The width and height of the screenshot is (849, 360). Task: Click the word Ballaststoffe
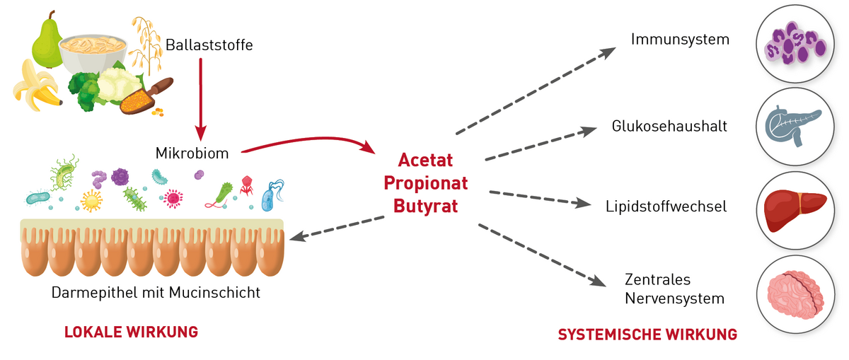coord(209,45)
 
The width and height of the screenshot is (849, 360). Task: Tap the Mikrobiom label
coord(192,152)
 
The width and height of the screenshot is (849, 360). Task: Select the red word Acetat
coord(425,160)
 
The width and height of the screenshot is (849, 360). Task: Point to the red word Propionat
coord(425,183)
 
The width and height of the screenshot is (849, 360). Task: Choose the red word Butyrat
coord(425,207)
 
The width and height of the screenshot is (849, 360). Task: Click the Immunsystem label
coord(680,39)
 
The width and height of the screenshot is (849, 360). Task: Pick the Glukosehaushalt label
coord(669,127)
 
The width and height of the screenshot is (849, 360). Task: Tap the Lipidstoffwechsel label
coord(666,207)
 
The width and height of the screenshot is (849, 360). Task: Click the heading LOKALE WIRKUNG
coord(131,331)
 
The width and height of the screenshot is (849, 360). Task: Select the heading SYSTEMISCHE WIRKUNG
coord(647,334)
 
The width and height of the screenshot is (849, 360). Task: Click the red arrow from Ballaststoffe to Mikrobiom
coord(201,99)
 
